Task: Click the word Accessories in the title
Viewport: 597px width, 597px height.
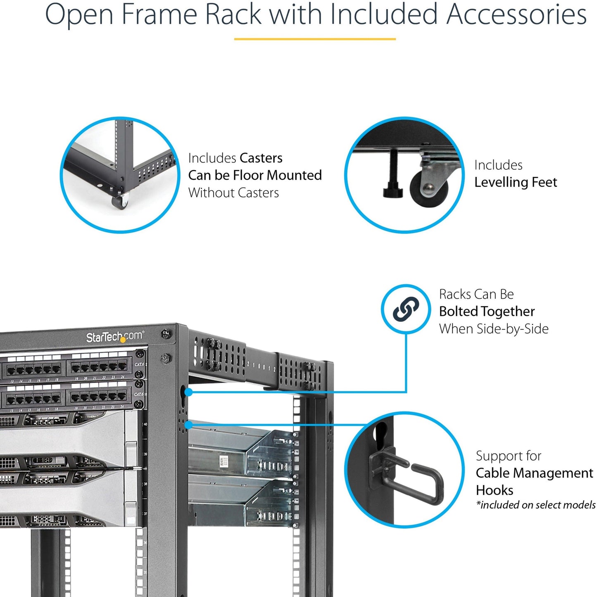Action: click(x=516, y=14)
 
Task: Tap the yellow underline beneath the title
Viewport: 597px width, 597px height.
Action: click(x=315, y=39)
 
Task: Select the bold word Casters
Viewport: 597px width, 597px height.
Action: click(x=261, y=158)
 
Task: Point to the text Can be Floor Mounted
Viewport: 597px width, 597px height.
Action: click(x=254, y=175)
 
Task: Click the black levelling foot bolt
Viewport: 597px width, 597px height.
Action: click(x=393, y=174)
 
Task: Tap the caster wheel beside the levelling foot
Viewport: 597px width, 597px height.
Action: click(x=428, y=188)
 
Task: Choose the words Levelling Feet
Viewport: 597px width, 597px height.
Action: click(x=515, y=182)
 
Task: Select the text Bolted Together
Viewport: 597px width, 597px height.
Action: click(x=487, y=311)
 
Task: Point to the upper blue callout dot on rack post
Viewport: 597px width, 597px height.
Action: click(x=188, y=392)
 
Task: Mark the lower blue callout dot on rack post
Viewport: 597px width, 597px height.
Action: click(x=188, y=425)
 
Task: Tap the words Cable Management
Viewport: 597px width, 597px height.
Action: click(x=534, y=473)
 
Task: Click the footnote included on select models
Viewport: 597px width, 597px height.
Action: click(x=535, y=505)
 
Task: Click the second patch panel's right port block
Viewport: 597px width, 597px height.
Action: click(x=99, y=397)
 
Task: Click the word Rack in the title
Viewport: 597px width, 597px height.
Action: click(x=233, y=14)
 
